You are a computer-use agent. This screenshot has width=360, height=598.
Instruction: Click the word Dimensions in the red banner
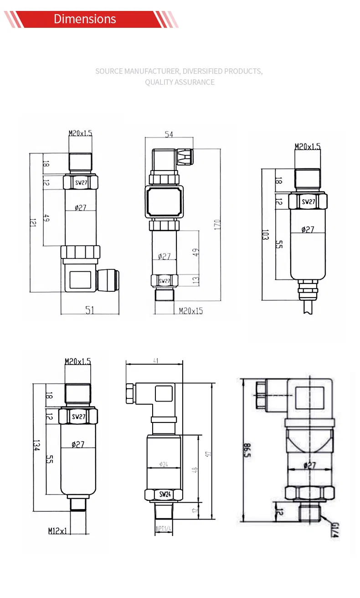(x=85, y=19)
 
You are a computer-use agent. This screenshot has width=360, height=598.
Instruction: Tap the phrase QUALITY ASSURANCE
(x=180, y=82)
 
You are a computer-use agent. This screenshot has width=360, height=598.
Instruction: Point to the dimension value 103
(x=266, y=235)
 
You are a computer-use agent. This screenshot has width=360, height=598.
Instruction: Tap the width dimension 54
(x=169, y=134)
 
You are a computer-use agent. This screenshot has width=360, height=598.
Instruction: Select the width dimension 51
(x=90, y=310)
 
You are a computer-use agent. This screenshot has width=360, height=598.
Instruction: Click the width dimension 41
(x=155, y=361)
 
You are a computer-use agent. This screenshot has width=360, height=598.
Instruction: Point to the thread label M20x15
(x=191, y=311)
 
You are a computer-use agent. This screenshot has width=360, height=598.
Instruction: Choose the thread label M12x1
(x=58, y=531)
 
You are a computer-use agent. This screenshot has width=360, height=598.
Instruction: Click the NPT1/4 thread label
(x=164, y=528)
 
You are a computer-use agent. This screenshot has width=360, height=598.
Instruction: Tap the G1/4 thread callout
(x=335, y=529)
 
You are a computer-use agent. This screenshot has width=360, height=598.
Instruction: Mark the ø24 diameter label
(x=164, y=464)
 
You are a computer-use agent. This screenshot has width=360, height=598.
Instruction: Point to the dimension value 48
(x=196, y=470)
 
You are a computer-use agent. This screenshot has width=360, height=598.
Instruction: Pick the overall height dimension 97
(x=209, y=454)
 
